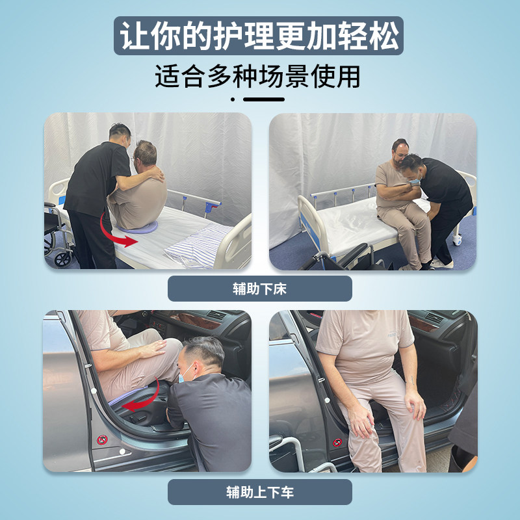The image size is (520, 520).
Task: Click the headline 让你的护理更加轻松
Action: click(x=259, y=36)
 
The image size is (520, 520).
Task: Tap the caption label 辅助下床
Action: click(x=259, y=289)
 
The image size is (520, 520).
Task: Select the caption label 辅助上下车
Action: click(x=259, y=492)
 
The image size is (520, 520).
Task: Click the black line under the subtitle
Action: click(x=263, y=99)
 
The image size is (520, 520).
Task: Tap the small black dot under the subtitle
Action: click(x=233, y=99)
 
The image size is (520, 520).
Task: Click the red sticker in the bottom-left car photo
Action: click(x=101, y=440)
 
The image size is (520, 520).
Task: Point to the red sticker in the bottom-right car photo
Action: click(x=337, y=443)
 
